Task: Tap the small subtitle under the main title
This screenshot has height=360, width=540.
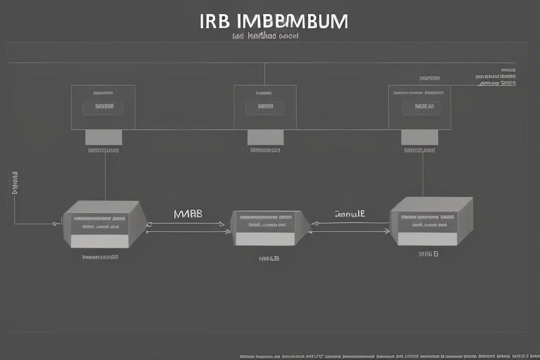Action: (265, 36)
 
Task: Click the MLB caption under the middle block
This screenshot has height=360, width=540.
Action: (269, 258)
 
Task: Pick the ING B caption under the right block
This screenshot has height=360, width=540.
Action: (428, 254)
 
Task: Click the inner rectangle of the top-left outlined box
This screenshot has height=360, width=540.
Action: (103, 108)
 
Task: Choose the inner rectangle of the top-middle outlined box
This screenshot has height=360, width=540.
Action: (264, 108)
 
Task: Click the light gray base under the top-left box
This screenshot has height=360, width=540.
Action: (103, 137)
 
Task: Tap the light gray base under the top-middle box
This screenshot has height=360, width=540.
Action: (266, 137)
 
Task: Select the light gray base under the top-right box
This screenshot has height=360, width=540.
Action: (420, 137)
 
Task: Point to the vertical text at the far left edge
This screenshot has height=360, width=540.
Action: (15, 182)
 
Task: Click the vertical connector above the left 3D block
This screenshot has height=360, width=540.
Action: (105, 176)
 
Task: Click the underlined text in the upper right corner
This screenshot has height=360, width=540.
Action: (498, 83)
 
